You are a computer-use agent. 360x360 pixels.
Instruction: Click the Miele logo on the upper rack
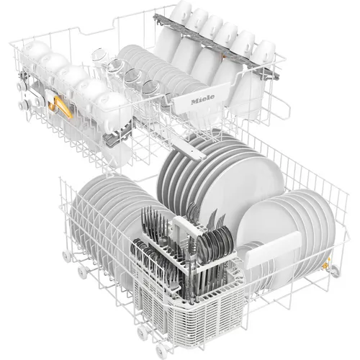pos(203,99)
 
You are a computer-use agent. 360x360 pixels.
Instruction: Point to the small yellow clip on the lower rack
pos(325,264)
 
